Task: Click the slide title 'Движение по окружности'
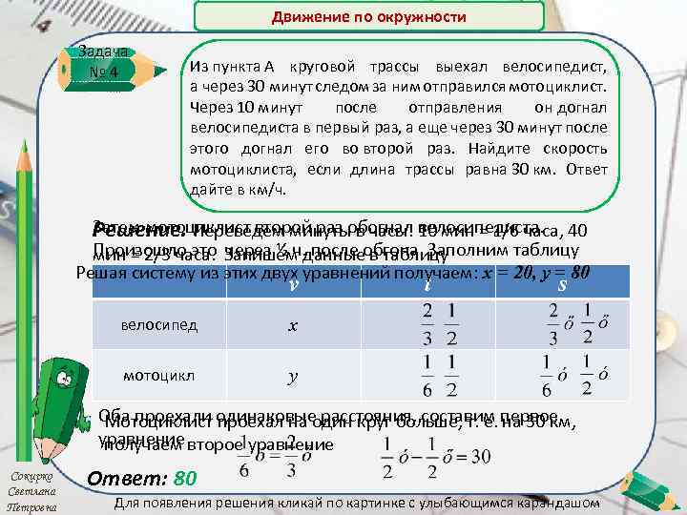(368, 17)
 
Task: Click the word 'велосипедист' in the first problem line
(573, 66)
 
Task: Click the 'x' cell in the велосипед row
(293, 324)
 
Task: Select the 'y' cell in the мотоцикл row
(293, 376)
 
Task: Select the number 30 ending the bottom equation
(508, 458)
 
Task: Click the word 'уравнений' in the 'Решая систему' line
(368, 272)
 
